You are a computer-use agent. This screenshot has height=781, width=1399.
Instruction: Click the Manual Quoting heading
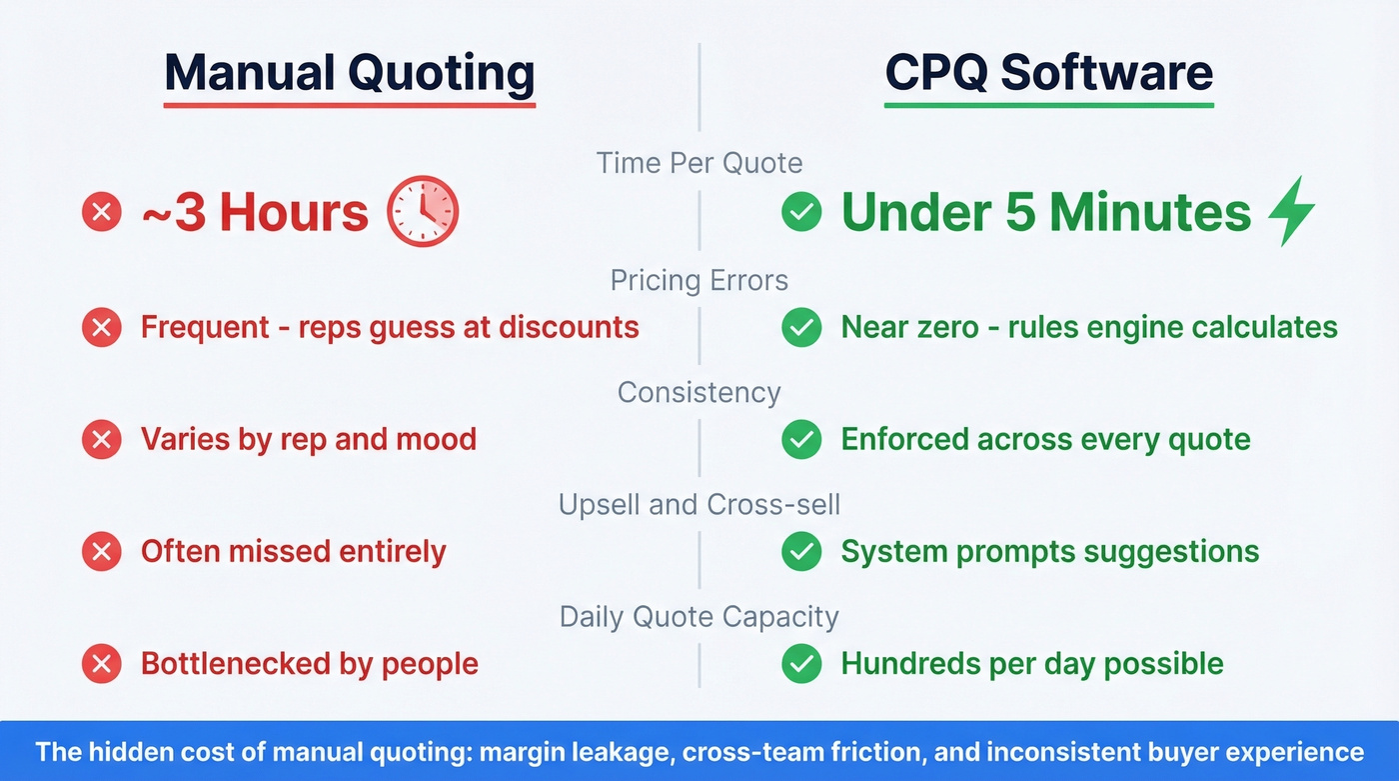[x=350, y=73]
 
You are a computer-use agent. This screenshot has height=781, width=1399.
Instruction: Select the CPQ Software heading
[x=1048, y=73]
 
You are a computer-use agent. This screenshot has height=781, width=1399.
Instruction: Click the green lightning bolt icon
[x=1291, y=212]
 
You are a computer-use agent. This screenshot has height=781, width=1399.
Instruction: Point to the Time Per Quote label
[x=699, y=163]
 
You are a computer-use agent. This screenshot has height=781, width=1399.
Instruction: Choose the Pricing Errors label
[x=699, y=280]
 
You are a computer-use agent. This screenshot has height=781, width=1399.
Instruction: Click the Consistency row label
[x=699, y=392]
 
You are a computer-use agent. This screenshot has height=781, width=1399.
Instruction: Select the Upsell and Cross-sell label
[x=699, y=504]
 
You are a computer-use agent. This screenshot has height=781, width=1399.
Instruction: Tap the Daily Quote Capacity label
[x=699, y=616]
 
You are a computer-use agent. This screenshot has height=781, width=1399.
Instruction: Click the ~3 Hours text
[x=255, y=213]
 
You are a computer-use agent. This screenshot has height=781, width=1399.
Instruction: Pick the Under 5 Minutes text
[x=1045, y=213]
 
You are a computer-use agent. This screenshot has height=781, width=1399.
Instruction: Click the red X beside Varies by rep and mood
[x=101, y=440]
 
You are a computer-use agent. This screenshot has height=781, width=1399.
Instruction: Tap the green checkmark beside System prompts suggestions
[x=801, y=552]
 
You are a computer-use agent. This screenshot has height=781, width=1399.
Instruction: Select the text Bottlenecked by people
[x=309, y=663]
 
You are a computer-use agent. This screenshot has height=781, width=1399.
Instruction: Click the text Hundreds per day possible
[x=1031, y=663]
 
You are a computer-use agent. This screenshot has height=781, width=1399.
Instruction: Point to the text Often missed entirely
[x=293, y=551]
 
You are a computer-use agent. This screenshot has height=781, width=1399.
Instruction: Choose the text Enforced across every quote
[x=1045, y=439]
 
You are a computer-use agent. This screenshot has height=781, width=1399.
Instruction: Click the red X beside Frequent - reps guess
[x=101, y=327]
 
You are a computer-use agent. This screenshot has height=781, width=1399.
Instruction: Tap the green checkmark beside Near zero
[x=801, y=327]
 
